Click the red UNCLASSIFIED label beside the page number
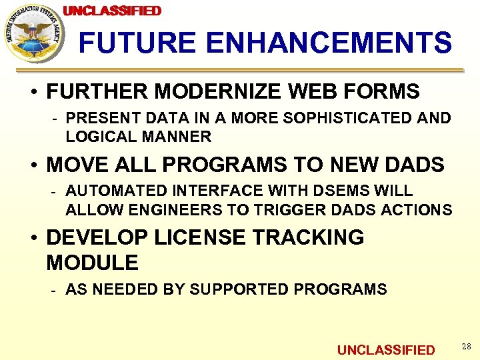click(x=386, y=350)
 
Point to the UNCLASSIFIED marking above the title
click(x=112, y=11)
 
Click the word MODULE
click(x=92, y=263)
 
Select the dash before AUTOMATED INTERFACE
click(x=56, y=191)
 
